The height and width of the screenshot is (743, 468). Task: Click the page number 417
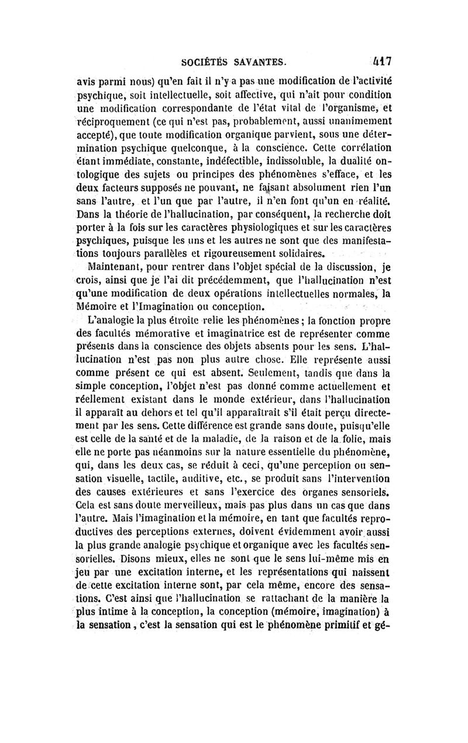coord(380,60)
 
